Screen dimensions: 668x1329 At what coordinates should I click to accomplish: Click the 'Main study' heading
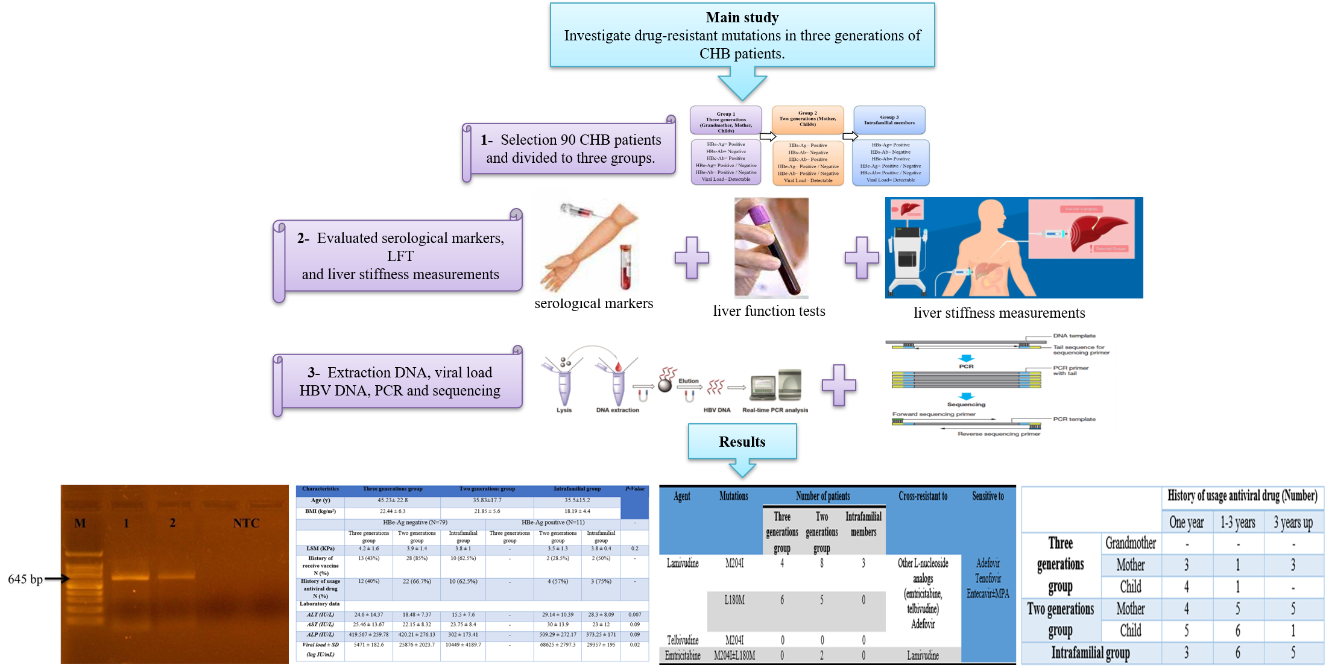(742, 18)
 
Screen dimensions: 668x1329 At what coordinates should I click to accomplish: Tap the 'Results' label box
(742, 442)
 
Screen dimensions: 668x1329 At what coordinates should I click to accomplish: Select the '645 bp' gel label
(25, 579)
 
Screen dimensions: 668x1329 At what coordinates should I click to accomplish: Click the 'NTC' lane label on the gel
(246, 523)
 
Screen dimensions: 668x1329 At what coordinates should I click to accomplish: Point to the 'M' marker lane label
(80, 523)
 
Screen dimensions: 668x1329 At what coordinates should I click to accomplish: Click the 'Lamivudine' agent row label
(683, 563)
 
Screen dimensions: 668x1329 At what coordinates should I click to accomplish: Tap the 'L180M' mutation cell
(734, 600)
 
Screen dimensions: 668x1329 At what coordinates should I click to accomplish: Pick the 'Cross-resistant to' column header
(923, 496)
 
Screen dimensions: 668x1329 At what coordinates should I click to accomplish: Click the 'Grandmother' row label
(1131, 543)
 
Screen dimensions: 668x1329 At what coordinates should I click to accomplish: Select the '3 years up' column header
(1293, 523)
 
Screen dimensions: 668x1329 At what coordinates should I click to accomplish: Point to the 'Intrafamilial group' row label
(1090, 653)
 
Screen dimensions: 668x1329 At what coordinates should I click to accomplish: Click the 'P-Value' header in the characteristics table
(634, 489)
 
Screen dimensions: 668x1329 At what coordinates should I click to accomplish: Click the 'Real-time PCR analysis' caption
(774, 410)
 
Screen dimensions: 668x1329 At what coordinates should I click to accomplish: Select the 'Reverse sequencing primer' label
(999, 433)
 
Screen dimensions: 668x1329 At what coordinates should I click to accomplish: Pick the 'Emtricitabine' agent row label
(683, 655)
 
